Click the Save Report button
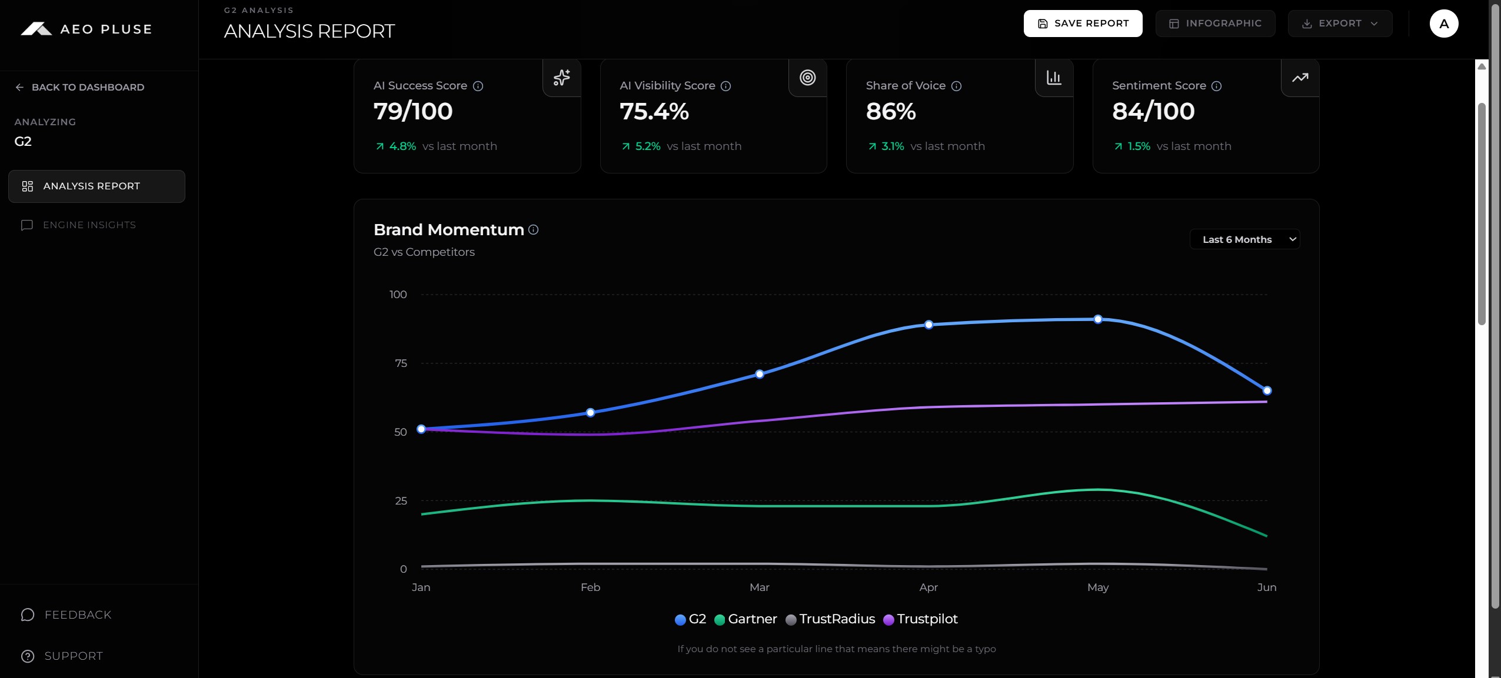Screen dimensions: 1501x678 point(1083,24)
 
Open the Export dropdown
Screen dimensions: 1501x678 point(1340,24)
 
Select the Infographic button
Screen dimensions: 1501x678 point(1215,24)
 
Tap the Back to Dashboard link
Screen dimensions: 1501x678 point(80,87)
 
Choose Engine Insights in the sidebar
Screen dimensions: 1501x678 point(79,225)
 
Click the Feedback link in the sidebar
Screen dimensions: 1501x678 point(66,614)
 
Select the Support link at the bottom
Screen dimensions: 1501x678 point(62,656)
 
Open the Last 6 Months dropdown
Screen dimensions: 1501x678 point(1244,239)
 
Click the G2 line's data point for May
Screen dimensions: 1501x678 point(1098,319)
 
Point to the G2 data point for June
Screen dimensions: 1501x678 point(1267,390)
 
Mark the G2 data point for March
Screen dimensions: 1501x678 point(760,374)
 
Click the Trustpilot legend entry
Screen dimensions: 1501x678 point(921,619)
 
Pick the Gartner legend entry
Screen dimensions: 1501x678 point(745,619)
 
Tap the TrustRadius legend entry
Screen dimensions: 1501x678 point(830,619)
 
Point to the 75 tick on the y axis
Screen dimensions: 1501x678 point(401,363)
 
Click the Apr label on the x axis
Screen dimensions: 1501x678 point(928,587)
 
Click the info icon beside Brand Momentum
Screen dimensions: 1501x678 point(533,229)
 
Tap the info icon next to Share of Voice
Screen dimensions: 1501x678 point(957,86)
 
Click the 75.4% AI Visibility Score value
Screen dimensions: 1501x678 point(654,111)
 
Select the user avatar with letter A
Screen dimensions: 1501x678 point(1444,24)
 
